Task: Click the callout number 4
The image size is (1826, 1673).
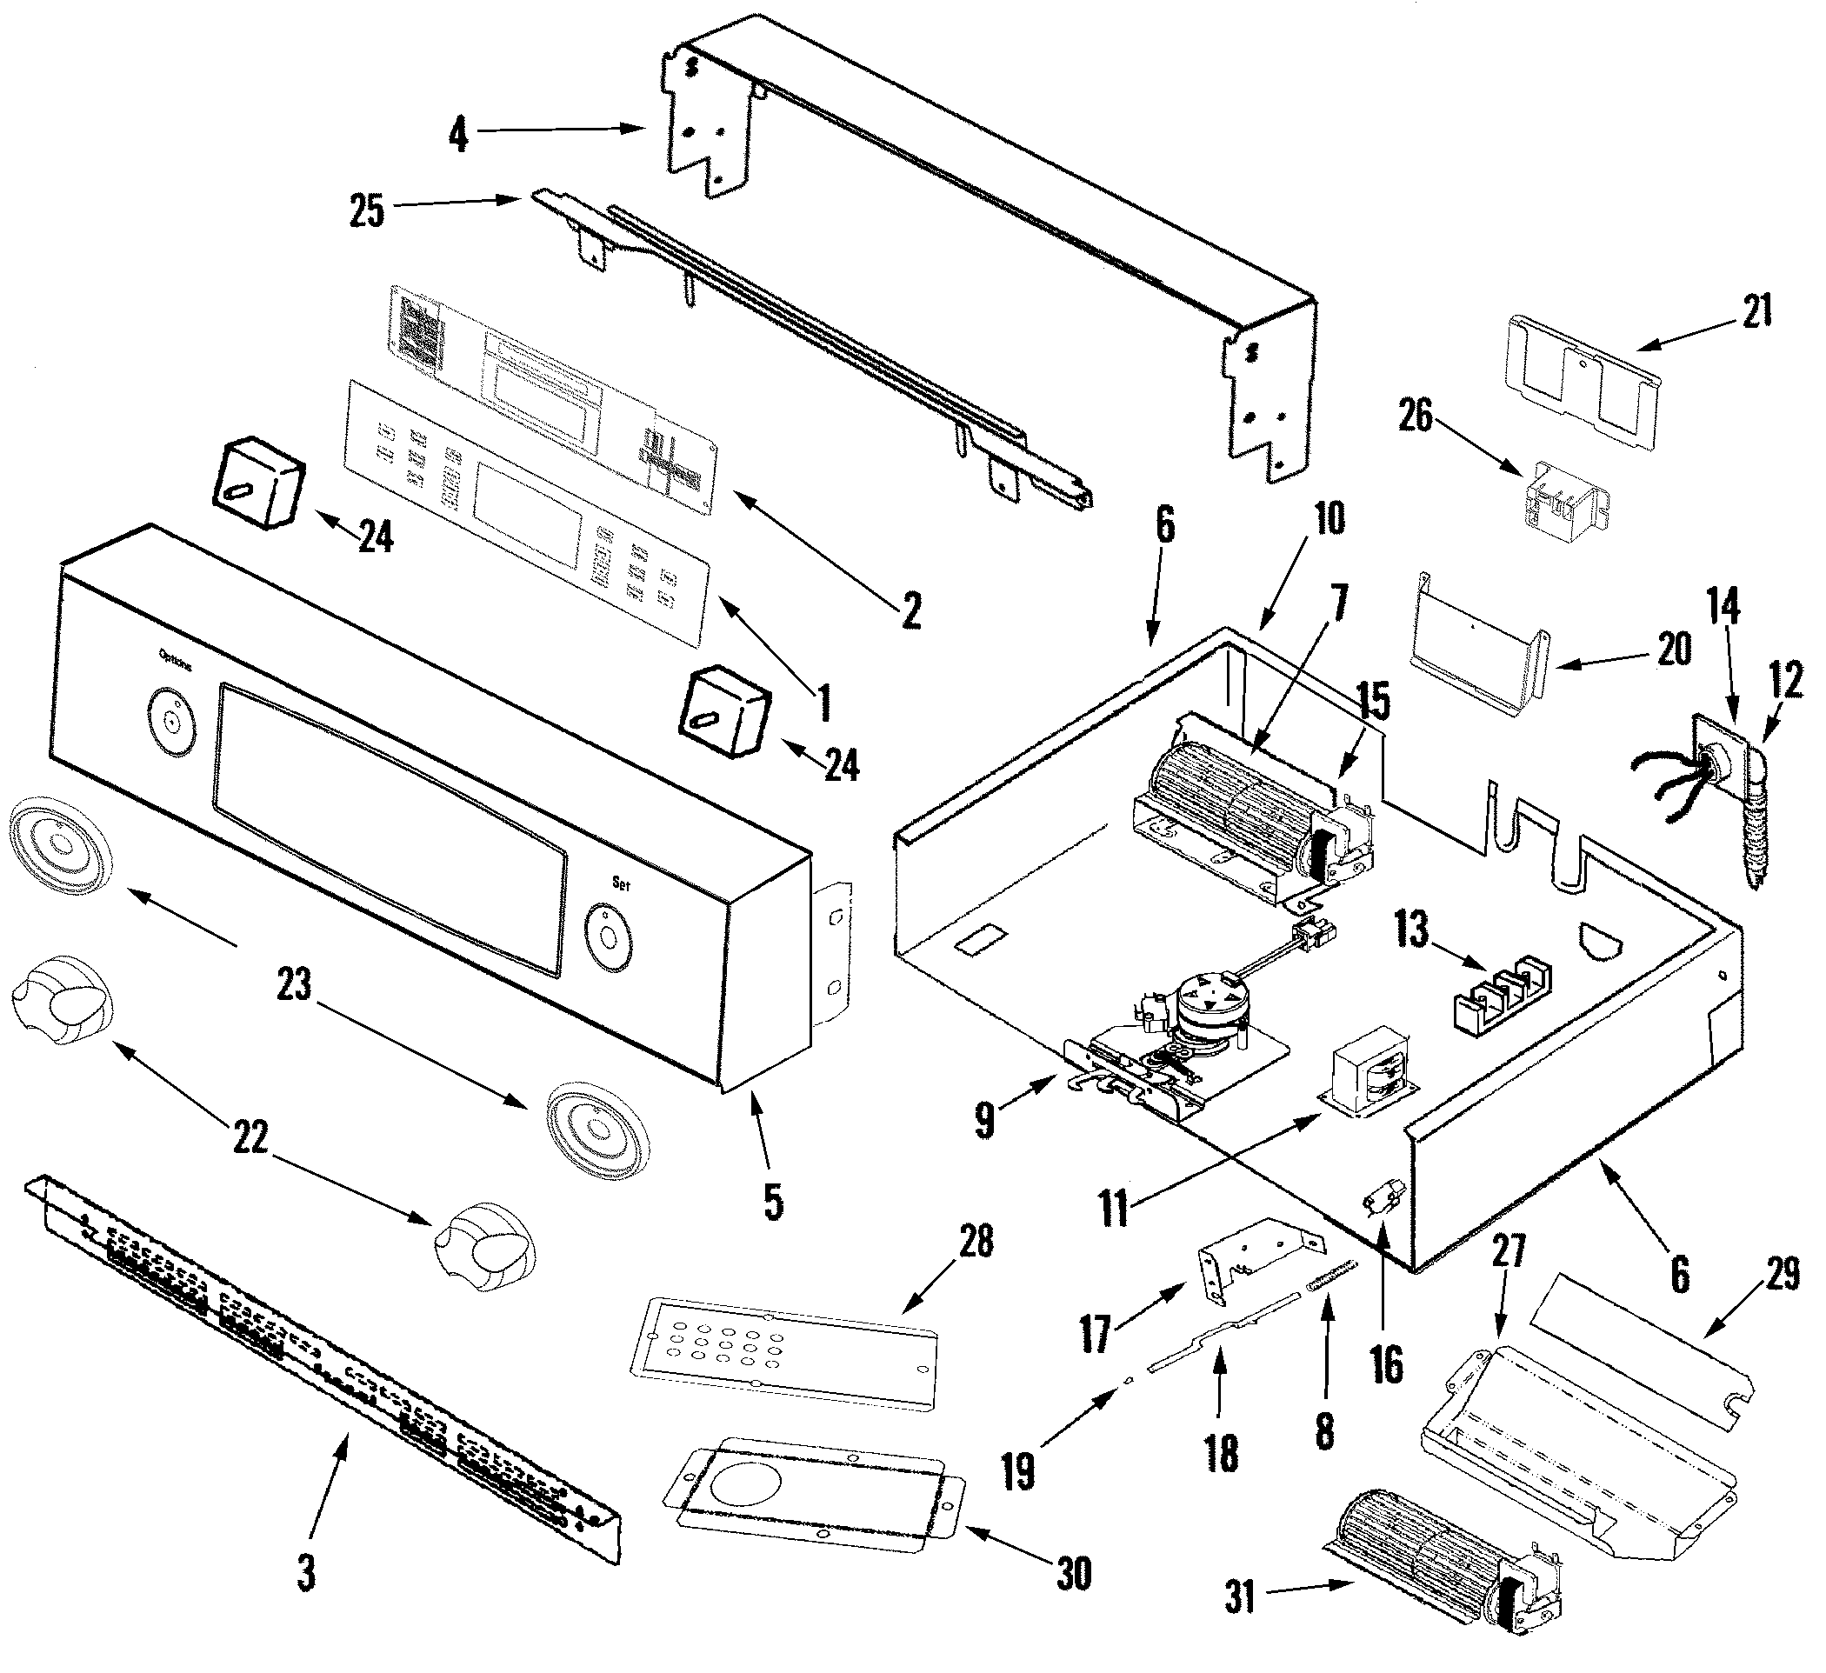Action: (x=459, y=135)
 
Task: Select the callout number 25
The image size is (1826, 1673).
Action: (x=367, y=211)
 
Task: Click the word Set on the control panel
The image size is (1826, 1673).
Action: (x=621, y=883)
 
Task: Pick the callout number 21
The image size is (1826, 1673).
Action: (x=1757, y=310)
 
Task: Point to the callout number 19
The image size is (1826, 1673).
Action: (x=1018, y=1472)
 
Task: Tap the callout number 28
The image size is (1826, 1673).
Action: (x=976, y=1241)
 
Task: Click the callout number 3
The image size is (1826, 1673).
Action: (x=307, y=1573)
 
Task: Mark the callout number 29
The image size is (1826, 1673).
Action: (x=1782, y=1275)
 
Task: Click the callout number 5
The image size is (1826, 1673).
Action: (x=773, y=1202)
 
